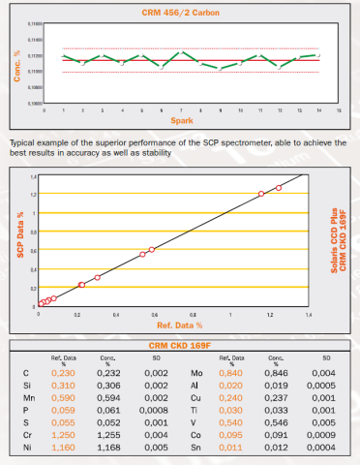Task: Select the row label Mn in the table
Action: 27,396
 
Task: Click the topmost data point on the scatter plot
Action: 279,188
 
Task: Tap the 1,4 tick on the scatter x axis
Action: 309,316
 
